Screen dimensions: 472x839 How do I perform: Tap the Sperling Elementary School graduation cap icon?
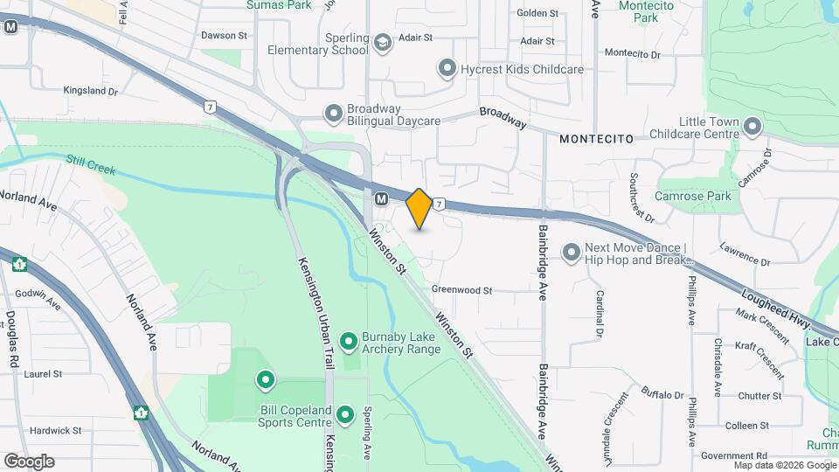[x=382, y=43]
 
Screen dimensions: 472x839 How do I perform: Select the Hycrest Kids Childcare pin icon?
[x=447, y=67]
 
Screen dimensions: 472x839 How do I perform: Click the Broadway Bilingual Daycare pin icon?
[x=333, y=114]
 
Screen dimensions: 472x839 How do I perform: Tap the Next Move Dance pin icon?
[x=572, y=253]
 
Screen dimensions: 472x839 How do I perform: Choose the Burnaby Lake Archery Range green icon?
[x=349, y=340]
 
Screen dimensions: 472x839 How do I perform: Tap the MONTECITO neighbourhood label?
[x=596, y=139]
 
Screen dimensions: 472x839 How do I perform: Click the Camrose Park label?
[x=693, y=196]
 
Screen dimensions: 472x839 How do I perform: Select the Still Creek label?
[x=91, y=163]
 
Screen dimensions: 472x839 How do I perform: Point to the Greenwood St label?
[x=462, y=290]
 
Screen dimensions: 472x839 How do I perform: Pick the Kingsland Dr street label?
[x=91, y=90]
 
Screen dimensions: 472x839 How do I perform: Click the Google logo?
[x=29, y=461]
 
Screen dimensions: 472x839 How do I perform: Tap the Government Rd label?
[x=734, y=455]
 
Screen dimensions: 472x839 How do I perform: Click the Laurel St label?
[x=44, y=373]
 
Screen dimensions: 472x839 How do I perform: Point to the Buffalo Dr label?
[x=662, y=395]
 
